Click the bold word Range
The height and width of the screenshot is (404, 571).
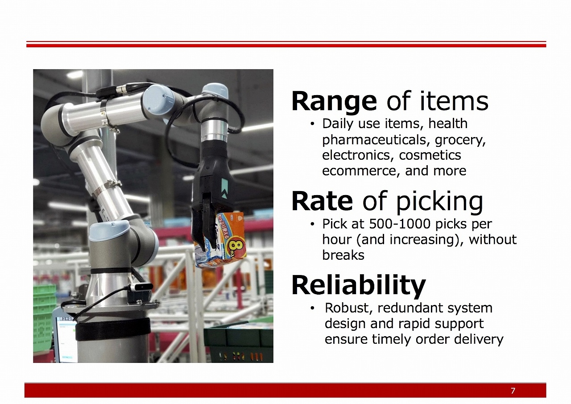tap(334, 102)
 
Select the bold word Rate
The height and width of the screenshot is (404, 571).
tap(322, 201)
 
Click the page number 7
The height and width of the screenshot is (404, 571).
tap(513, 391)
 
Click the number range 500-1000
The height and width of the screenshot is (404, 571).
tap(399, 224)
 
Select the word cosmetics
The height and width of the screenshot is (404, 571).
tap(430, 155)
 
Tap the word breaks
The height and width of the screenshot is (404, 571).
tap(343, 255)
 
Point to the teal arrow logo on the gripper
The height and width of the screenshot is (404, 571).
tap(224, 188)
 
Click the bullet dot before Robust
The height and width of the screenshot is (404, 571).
tap(312, 308)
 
